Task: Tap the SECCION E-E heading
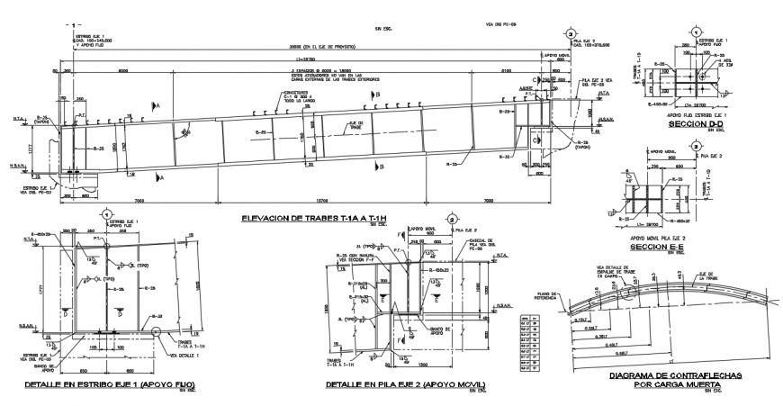(x=685, y=246)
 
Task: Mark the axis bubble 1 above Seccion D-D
(x=696, y=32)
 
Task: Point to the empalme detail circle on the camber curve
(x=631, y=290)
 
